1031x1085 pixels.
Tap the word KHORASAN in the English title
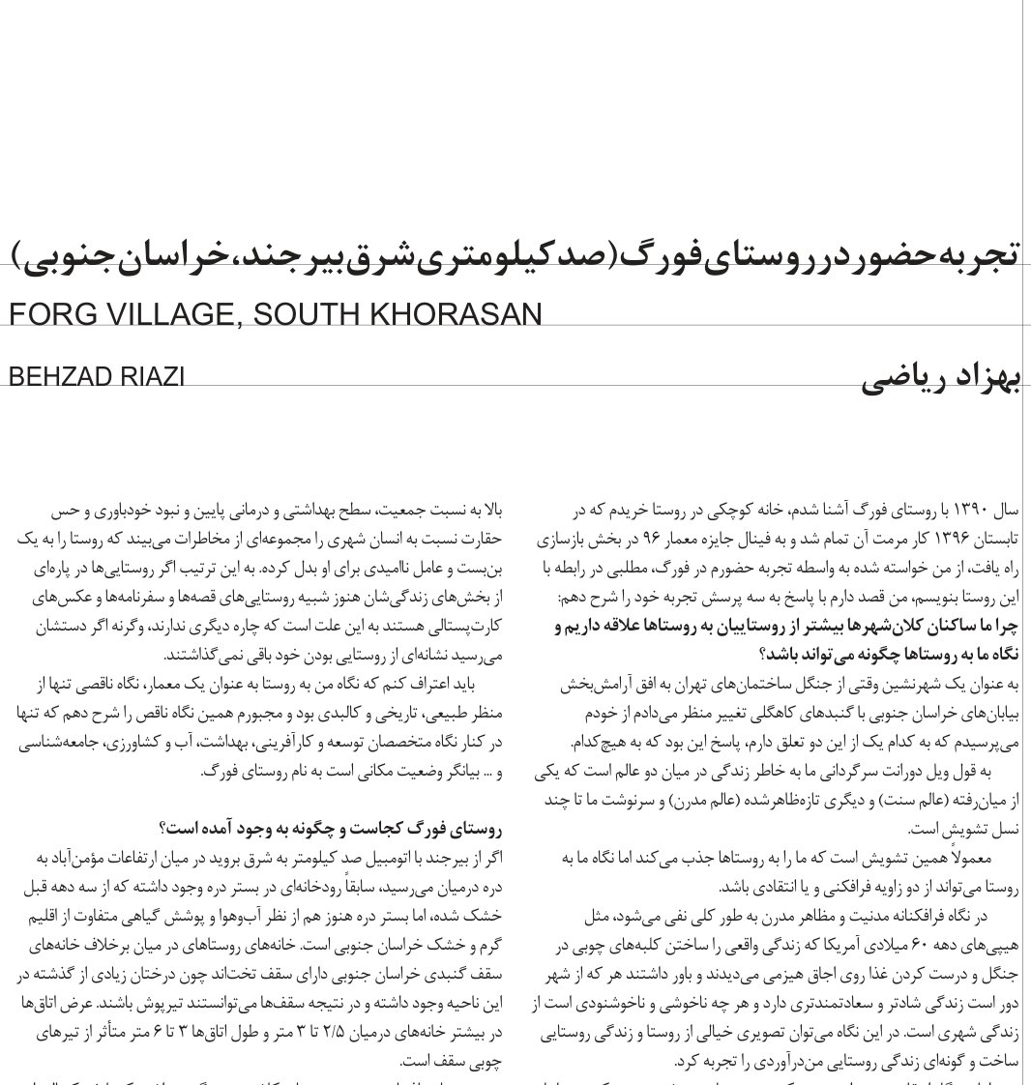pyautogui.click(x=461, y=315)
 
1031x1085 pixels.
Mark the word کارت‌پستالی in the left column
pyautogui.click(x=465, y=626)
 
